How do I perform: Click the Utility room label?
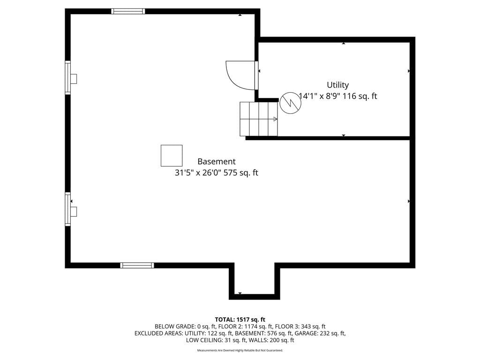tap(337, 85)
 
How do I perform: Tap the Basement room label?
tap(217, 161)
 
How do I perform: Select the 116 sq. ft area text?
tap(360, 96)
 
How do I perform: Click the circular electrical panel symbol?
tap(291, 103)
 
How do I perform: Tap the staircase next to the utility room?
tap(259, 119)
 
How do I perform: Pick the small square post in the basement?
tap(172, 156)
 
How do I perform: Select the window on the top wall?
tap(128, 11)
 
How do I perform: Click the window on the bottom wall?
tap(137, 265)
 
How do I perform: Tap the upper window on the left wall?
tap(68, 77)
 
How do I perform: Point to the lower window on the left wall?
tap(68, 209)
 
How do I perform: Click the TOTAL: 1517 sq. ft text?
tap(240, 320)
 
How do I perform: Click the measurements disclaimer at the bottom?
tap(240, 350)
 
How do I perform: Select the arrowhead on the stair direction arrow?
tap(276, 119)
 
